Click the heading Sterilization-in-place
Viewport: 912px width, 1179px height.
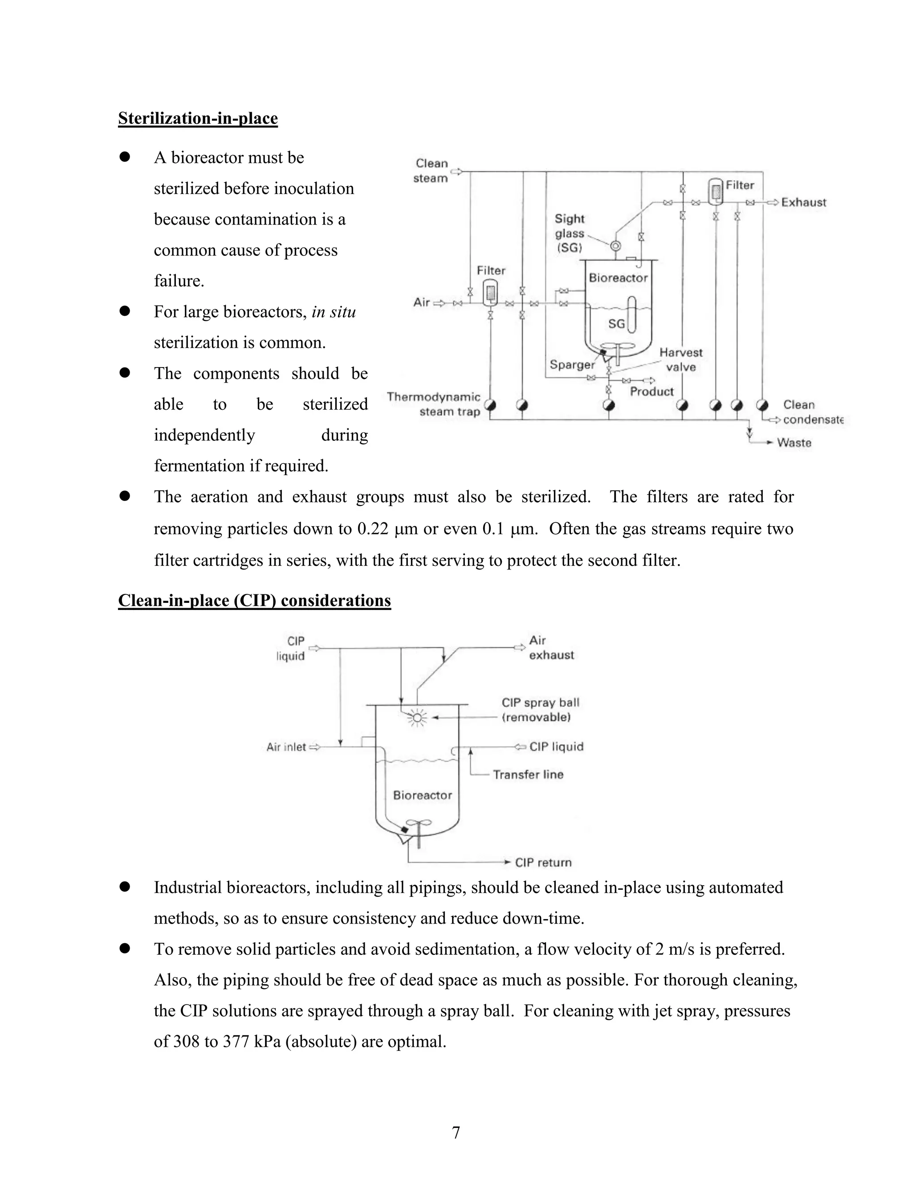pos(198,118)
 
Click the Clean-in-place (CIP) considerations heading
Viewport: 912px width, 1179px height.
pos(254,600)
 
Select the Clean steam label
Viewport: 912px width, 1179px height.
pos(431,170)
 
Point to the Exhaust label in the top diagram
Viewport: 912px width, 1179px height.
pos(803,202)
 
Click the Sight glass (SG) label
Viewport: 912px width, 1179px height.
pos(570,233)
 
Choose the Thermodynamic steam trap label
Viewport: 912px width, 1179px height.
pos(434,404)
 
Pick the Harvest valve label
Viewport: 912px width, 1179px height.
pos(680,359)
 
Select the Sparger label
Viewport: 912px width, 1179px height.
pos(572,365)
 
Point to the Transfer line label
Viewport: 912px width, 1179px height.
pos(528,775)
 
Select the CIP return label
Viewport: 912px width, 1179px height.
pos(543,863)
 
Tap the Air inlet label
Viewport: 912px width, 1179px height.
pos(286,747)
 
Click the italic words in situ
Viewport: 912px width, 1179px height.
pos(334,312)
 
